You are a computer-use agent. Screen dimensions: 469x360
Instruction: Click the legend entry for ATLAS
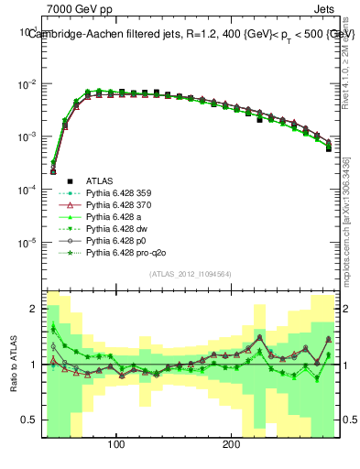click(100, 181)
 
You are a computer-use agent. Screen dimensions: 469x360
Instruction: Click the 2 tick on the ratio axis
click(35, 309)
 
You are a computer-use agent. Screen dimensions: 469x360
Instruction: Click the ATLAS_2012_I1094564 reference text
click(191, 274)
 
